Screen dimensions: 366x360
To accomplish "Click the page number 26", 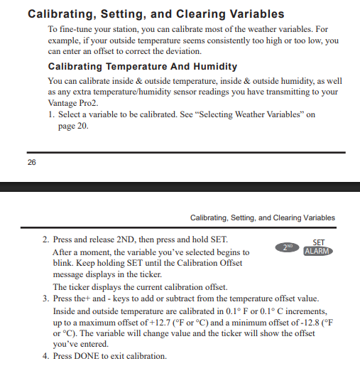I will tap(32, 162).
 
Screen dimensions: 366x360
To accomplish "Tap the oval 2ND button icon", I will tap(286, 247).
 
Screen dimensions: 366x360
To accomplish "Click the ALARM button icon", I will tap(317, 251).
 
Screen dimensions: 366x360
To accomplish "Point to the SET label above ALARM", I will tap(318, 242).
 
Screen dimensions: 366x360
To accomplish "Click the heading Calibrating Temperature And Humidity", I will tap(142, 66).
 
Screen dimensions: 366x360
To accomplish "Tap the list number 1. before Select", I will tap(52, 114).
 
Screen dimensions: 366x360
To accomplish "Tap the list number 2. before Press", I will tap(47, 239).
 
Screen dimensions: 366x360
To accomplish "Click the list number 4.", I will tap(47, 355).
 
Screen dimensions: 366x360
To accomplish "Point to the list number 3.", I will tap(47, 298).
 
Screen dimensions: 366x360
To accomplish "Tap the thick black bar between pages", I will tap(180, 187).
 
